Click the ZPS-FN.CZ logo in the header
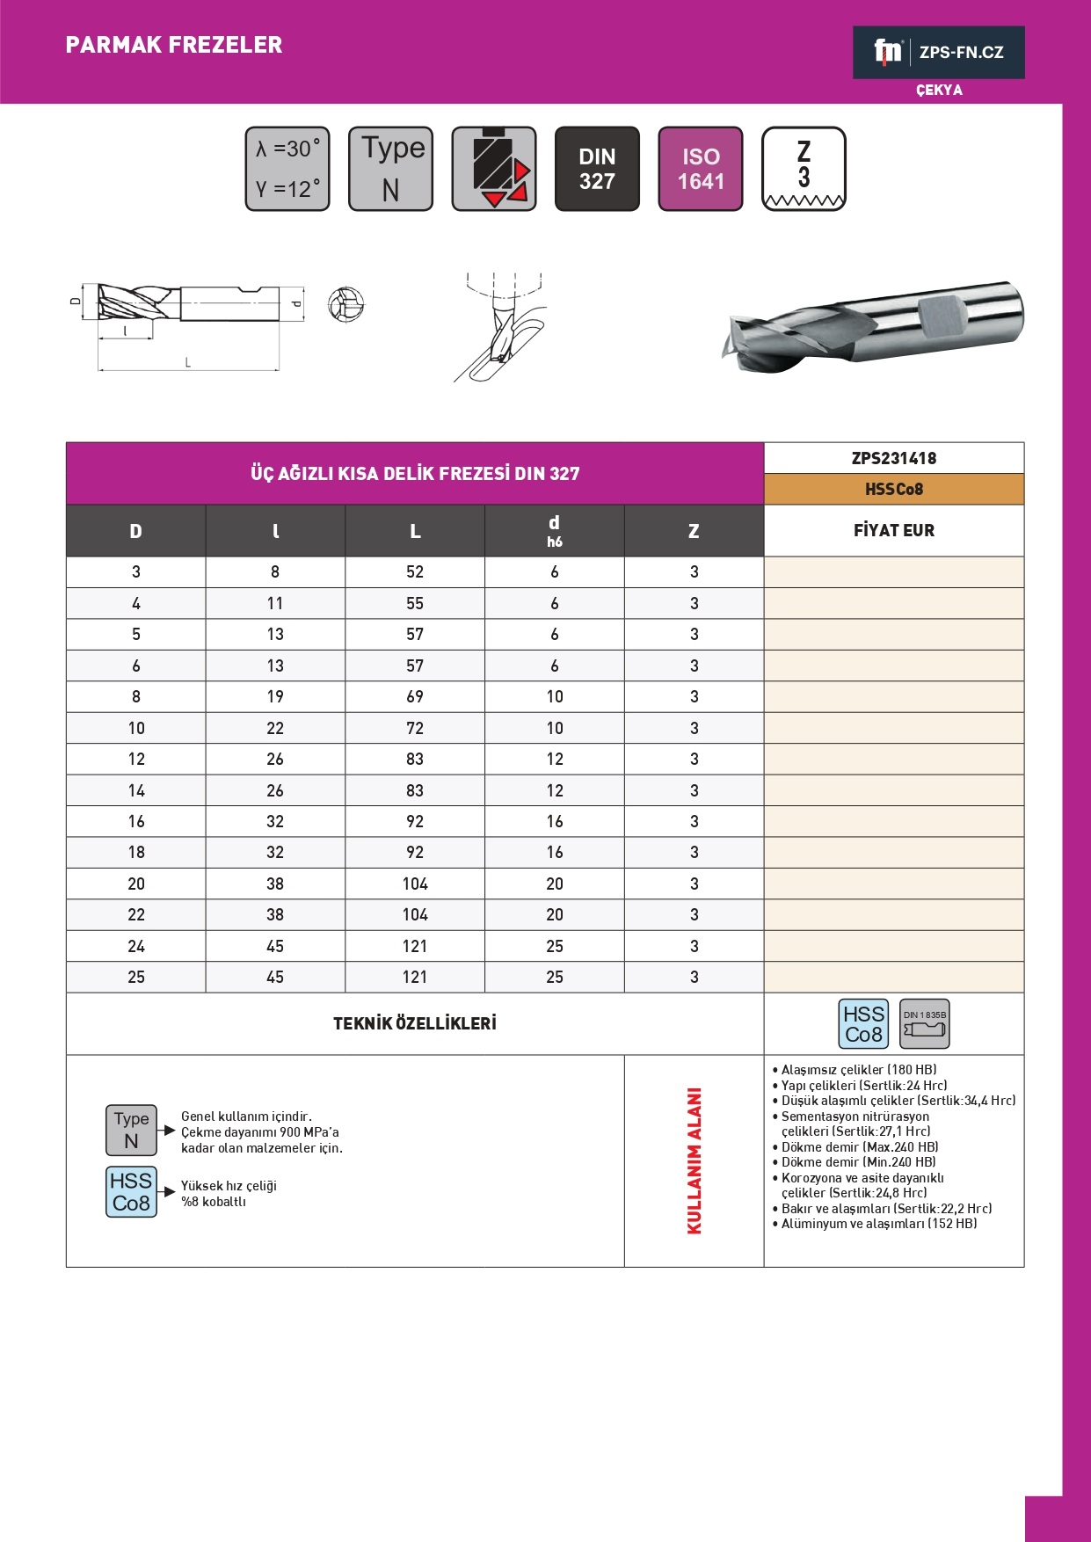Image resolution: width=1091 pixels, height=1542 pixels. coord(938,53)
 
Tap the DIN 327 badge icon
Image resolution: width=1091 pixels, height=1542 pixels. coord(597,169)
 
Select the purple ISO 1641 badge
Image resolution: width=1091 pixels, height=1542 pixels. coord(701,169)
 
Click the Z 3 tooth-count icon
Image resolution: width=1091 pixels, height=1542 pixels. coord(804,169)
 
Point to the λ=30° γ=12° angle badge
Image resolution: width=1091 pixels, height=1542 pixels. coord(287,169)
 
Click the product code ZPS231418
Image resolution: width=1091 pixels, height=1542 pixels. coord(893,458)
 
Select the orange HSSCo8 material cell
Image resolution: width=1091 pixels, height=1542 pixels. coord(893,490)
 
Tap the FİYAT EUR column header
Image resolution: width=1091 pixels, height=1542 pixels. coord(893,530)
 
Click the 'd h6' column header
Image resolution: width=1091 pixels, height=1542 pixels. coord(554,531)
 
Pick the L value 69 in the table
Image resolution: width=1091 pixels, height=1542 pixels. coord(415,696)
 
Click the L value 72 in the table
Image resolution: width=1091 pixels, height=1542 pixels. coord(415,728)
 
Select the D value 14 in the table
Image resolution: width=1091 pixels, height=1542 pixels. coord(136,790)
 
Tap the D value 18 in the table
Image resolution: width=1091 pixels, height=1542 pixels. coord(136,852)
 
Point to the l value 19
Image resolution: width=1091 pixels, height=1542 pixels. coord(275,696)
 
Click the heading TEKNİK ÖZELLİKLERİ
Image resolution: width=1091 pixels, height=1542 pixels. coord(415,1023)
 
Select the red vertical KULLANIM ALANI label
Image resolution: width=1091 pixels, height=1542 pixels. coord(695,1160)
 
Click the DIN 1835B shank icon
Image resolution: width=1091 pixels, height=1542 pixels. coord(924,1024)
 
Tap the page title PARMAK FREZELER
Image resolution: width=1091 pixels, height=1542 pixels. coord(174,45)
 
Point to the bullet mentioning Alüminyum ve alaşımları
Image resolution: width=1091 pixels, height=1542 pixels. coord(878,1224)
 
